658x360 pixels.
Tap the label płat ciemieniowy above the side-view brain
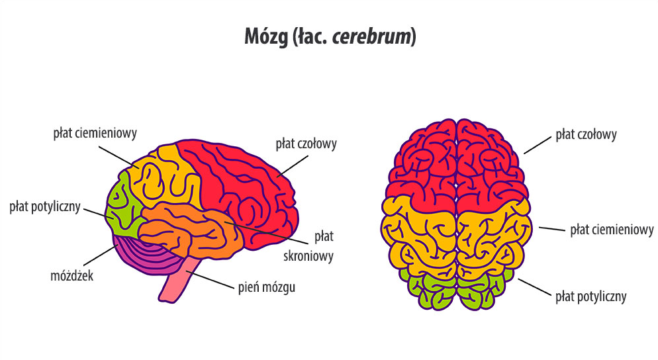[x=95, y=133]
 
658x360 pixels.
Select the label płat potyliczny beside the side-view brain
[x=45, y=207]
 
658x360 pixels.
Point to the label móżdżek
[x=73, y=275]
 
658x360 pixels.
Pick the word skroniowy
[x=316, y=255]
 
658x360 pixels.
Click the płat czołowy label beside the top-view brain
[x=586, y=135]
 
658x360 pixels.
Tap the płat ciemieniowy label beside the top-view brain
[x=612, y=230]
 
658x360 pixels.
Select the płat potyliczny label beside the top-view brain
[x=590, y=296]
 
